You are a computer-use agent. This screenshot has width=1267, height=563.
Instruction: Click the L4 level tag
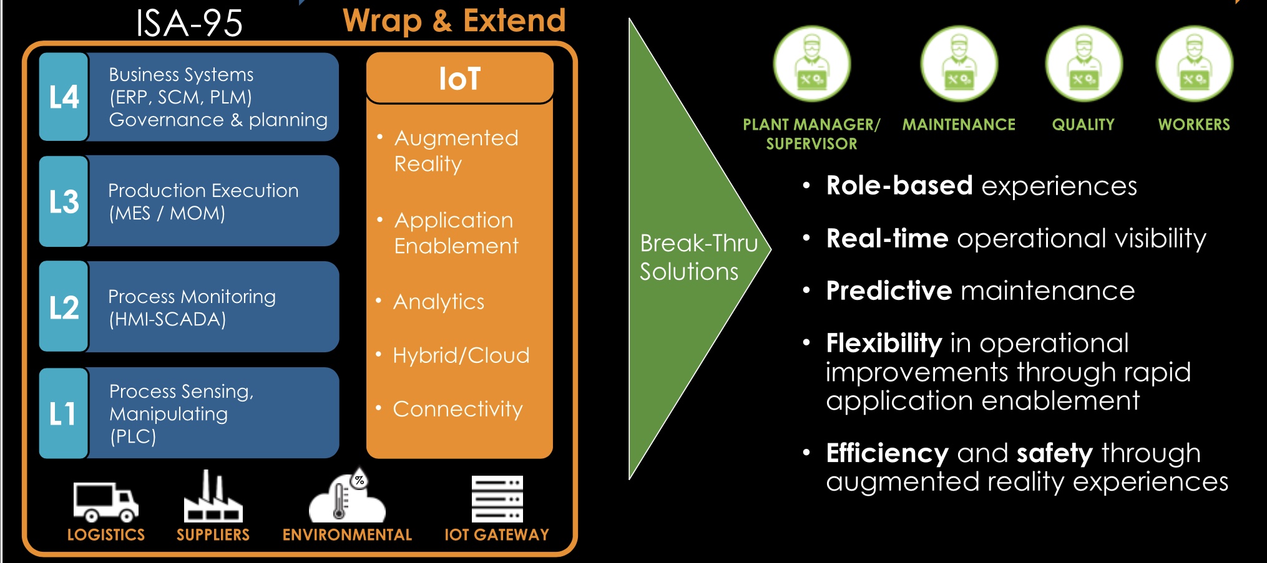pyautogui.click(x=64, y=97)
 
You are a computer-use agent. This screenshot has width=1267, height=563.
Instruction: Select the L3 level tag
pyautogui.click(x=64, y=201)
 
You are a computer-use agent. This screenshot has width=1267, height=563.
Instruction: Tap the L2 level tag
pyautogui.click(x=64, y=307)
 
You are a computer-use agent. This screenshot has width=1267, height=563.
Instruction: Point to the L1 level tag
pyautogui.click(x=64, y=413)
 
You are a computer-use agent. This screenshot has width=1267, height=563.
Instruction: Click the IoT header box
pyautogui.click(x=460, y=78)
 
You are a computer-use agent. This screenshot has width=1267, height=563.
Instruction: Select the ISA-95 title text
pyautogui.click(x=189, y=23)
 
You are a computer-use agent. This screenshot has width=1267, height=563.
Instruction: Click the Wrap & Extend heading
pyautogui.click(x=454, y=21)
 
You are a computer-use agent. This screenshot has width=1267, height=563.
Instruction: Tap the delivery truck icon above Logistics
pyautogui.click(x=105, y=501)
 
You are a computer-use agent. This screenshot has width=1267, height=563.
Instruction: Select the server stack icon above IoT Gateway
pyautogui.click(x=497, y=499)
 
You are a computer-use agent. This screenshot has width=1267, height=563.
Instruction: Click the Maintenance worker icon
pyautogui.click(x=959, y=64)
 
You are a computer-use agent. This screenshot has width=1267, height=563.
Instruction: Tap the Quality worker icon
pyautogui.click(x=1084, y=64)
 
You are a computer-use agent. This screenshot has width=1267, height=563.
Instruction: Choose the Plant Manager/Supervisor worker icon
pyautogui.click(x=811, y=64)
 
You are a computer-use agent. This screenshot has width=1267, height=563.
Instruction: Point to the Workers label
pyautogui.click(x=1194, y=125)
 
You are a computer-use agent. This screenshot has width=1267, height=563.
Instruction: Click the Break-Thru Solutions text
pyautogui.click(x=698, y=257)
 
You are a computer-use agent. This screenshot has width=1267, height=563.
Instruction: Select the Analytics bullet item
pyautogui.click(x=439, y=302)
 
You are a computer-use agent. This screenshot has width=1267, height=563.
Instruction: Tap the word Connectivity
pyautogui.click(x=457, y=409)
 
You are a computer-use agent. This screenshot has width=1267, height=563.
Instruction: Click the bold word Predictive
pyautogui.click(x=889, y=291)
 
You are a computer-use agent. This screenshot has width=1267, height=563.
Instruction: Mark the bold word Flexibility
pyautogui.click(x=884, y=344)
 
